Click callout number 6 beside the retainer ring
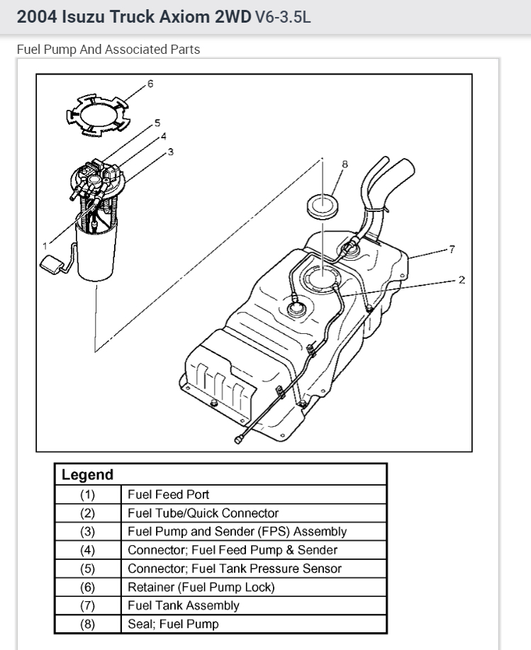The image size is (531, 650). point(150,84)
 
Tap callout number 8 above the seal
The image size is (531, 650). point(345,164)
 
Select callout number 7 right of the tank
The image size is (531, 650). point(452,249)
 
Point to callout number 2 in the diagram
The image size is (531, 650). point(462,280)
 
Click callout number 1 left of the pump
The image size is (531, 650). point(45,245)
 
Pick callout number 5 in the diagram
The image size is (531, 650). point(157,123)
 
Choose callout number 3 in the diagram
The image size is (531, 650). point(170,152)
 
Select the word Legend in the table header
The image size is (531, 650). point(87,475)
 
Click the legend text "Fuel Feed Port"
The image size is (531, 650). point(169,494)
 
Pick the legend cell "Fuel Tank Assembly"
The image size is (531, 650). point(184,605)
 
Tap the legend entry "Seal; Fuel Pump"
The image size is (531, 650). point(173,624)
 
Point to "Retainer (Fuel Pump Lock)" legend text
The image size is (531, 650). point(201,587)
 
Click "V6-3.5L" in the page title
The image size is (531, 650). point(282,17)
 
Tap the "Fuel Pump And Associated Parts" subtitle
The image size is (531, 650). point(108,50)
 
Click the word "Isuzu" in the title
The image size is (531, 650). point(84,17)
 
